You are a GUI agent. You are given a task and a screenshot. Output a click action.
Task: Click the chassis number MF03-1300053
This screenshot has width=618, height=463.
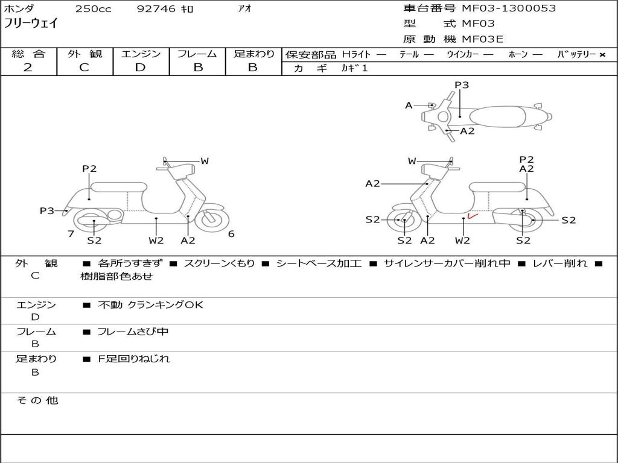click(508, 8)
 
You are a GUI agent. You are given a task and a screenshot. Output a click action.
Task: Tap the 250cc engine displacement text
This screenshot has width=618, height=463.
click(94, 8)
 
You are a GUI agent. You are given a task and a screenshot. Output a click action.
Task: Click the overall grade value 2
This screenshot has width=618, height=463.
click(28, 68)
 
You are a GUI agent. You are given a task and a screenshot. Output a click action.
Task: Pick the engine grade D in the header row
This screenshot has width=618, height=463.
click(140, 68)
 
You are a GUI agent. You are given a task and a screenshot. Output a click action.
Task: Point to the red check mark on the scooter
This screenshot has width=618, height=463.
click(472, 216)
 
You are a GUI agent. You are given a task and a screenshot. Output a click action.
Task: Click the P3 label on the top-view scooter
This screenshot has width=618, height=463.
click(462, 84)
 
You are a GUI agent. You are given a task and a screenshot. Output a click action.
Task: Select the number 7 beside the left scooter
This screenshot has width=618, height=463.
click(71, 234)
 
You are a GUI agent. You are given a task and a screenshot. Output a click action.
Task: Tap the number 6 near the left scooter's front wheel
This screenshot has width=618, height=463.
click(231, 234)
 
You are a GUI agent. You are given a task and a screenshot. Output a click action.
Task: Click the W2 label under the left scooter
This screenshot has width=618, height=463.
click(156, 240)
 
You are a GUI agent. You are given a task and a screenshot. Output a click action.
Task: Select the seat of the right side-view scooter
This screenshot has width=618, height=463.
click(498, 187)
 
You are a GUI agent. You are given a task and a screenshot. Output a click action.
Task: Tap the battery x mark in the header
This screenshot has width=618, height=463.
click(602, 55)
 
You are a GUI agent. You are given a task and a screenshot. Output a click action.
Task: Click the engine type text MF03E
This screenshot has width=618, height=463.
click(482, 39)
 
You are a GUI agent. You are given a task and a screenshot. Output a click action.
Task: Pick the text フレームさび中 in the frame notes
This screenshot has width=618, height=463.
click(133, 332)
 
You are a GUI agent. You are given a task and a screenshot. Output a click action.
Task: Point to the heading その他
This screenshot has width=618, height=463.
click(37, 400)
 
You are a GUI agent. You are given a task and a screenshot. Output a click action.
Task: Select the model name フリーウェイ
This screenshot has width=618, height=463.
click(31, 24)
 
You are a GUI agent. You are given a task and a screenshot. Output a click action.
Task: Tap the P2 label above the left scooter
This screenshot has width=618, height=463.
click(89, 169)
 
